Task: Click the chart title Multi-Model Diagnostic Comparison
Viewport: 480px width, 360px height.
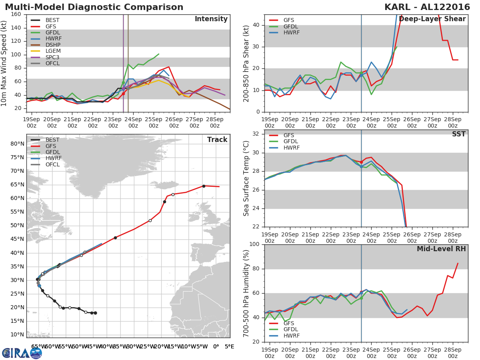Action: click(x=94, y=7)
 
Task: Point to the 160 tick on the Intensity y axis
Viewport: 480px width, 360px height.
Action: click(x=16, y=14)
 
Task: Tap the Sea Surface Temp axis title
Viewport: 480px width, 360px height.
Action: click(x=246, y=179)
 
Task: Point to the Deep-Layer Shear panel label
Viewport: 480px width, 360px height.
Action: click(x=432, y=19)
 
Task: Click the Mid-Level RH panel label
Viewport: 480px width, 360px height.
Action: click(x=441, y=249)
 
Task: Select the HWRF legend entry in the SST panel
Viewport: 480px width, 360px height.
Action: click(x=291, y=148)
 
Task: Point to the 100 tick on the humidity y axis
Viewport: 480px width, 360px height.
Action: click(x=254, y=244)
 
